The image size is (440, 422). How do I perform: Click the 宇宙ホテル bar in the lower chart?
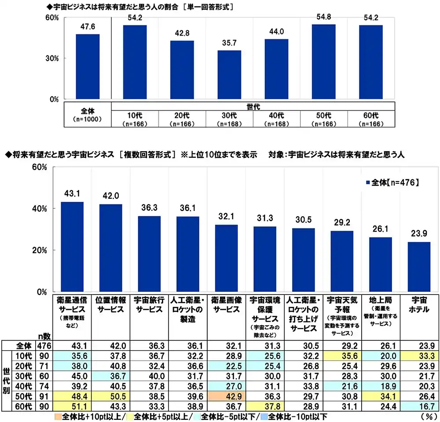[419, 267]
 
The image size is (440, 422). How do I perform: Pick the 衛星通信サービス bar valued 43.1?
[72, 247]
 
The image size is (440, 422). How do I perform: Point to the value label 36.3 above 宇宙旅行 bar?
[149, 207]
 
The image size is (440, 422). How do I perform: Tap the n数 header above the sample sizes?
[44, 334]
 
